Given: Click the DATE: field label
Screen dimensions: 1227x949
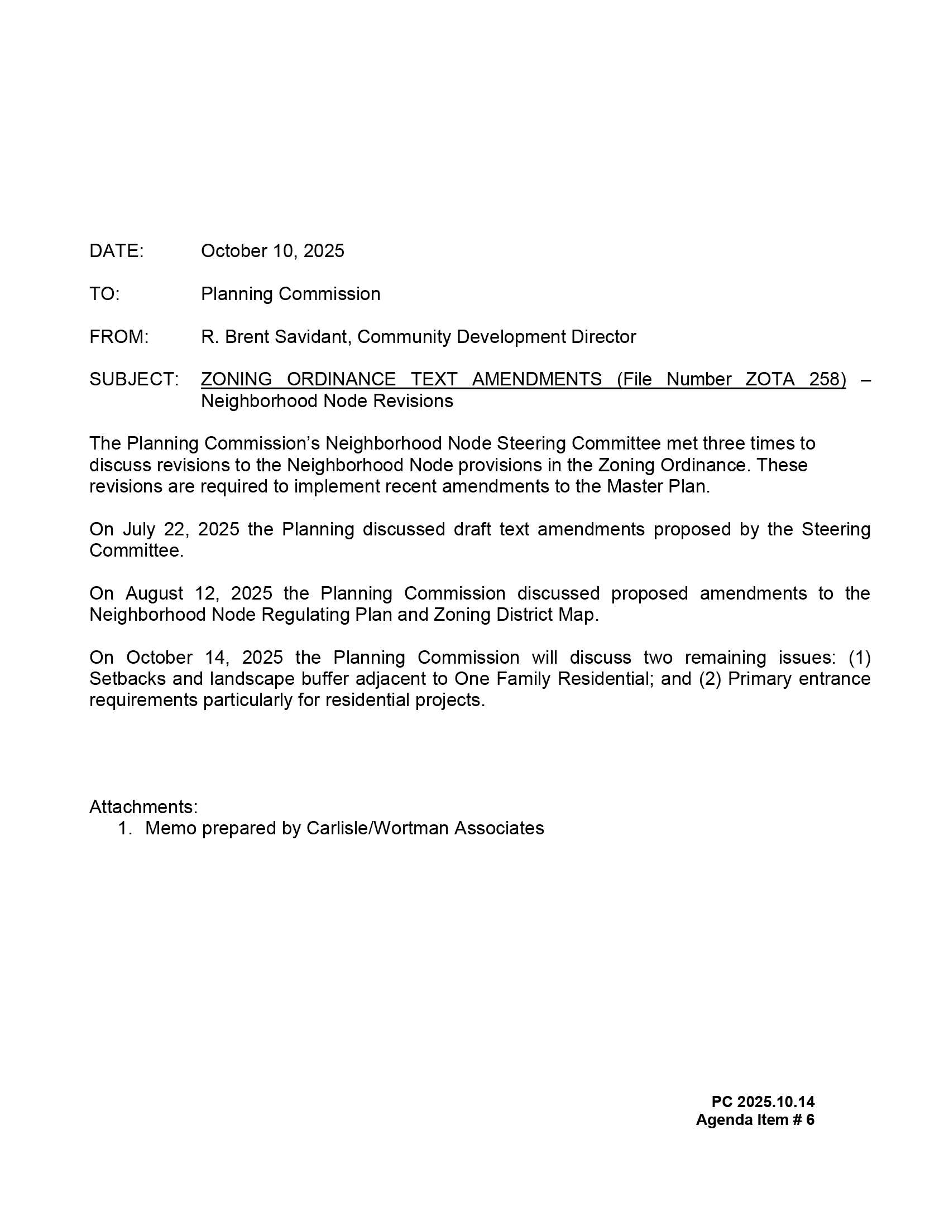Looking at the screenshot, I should pos(116,251).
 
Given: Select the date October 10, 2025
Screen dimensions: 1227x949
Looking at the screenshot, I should pos(272,251).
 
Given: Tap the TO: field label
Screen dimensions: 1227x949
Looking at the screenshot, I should pos(104,294).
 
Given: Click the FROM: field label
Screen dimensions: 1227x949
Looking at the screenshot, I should pos(118,337).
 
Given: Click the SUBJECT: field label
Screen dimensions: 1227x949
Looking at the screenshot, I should pos(134,380).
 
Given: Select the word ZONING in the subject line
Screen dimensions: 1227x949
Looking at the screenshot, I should pos(236,380).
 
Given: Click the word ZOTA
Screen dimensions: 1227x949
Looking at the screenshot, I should pos(770,380).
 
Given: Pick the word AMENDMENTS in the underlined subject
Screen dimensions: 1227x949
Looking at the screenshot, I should pos(536,380).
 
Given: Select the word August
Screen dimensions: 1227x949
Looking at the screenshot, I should pos(154,593).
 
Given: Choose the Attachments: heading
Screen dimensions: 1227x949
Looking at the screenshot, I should pos(143,807).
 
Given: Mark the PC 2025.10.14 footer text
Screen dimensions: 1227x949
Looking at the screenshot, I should pos(763,1102).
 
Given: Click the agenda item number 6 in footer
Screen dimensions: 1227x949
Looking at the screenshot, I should pos(809,1120).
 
